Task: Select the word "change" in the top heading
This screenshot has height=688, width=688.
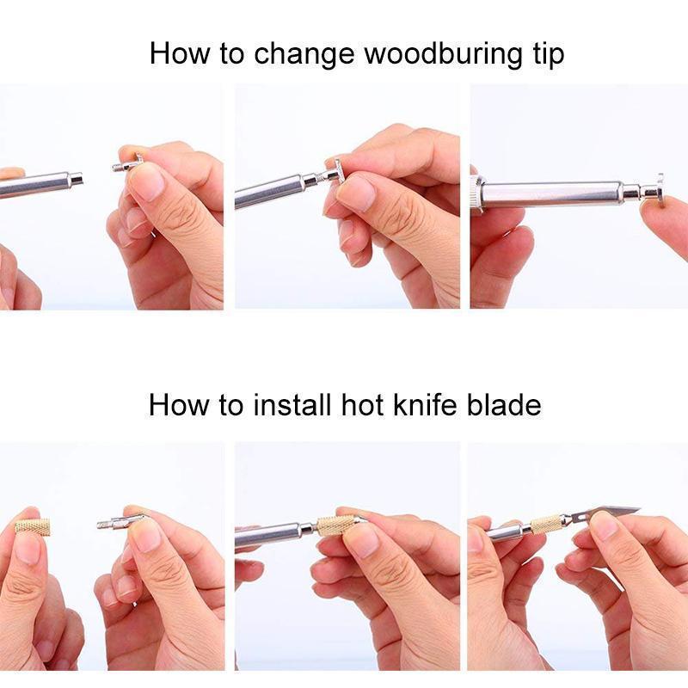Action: [304, 53]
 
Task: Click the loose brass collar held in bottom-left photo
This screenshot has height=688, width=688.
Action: [33, 526]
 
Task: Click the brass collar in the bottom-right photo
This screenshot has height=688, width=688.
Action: [547, 523]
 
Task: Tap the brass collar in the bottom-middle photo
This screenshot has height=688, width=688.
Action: [335, 525]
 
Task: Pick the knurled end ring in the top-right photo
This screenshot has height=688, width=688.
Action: [478, 193]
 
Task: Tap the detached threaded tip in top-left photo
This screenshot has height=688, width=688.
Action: [126, 166]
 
